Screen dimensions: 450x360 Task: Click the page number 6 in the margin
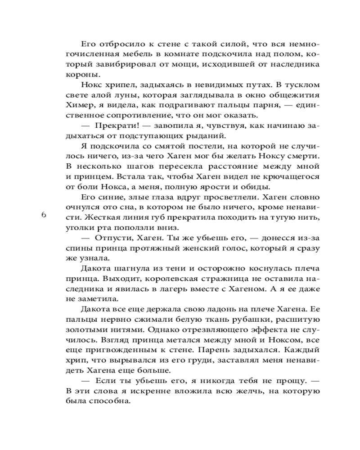tap(44, 215)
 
